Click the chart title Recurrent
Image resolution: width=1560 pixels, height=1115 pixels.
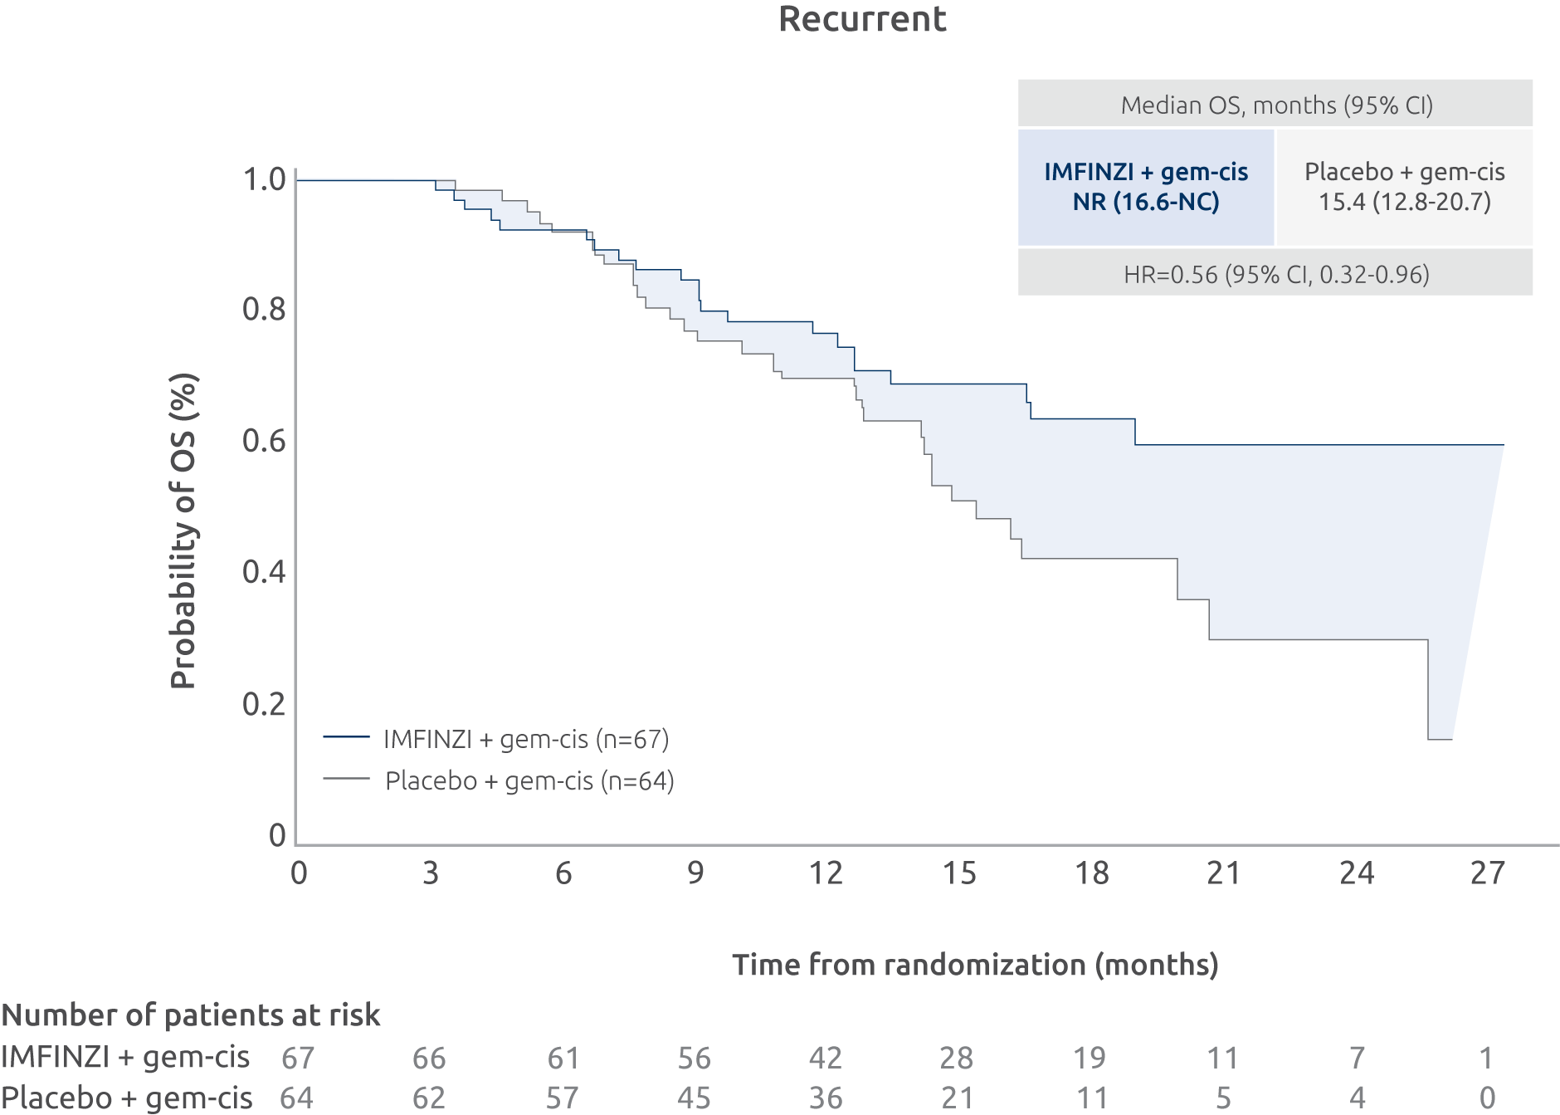[862, 19]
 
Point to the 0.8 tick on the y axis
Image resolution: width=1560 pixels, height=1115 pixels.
[264, 310]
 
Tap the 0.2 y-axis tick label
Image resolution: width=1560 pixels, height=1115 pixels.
[264, 704]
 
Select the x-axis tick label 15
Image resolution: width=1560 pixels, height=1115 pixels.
[958, 873]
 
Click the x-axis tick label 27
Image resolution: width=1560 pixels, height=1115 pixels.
[1487, 873]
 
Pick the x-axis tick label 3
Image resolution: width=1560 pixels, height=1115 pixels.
[430, 873]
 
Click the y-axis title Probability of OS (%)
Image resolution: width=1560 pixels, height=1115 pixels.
[183, 531]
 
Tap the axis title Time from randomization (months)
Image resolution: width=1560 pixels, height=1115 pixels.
[975, 965]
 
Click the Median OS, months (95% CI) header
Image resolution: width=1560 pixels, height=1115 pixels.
[1276, 105]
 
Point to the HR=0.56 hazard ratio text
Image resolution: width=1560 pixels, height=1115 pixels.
[1276, 275]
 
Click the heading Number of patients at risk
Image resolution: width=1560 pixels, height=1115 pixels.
[191, 1015]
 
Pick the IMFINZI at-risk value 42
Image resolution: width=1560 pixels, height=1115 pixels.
[825, 1058]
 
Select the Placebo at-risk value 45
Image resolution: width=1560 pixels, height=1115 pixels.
[694, 1098]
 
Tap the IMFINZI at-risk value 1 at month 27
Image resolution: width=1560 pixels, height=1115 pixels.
[1486, 1058]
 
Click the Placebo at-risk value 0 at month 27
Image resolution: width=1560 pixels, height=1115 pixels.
[1487, 1098]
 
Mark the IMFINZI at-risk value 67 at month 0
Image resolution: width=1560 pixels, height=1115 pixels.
[297, 1058]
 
